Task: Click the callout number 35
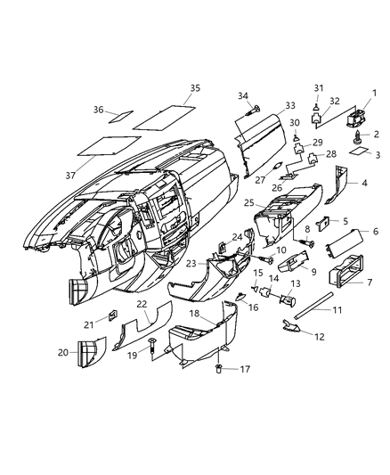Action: (x=196, y=87)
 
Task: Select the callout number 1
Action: (x=373, y=93)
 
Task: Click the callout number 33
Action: (x=265, y=104)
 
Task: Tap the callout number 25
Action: (x=251, y=204)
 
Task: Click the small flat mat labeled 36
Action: (x=120, y=116)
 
